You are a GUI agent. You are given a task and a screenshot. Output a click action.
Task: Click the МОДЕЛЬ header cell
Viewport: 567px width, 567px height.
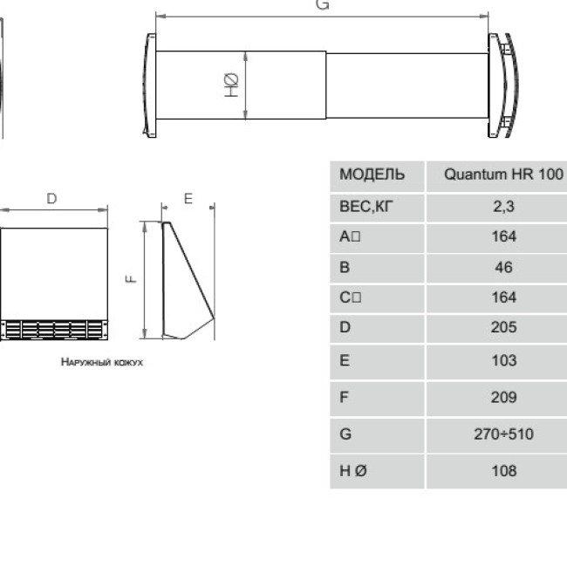pyautogui.click(x=372, y=174)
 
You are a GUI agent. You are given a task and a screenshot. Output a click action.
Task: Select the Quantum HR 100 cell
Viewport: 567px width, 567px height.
pyautogui.click(x=503, y=174)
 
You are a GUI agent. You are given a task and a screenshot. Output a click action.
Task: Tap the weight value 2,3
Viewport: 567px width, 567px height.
pyautogui.click(x=503, y=207)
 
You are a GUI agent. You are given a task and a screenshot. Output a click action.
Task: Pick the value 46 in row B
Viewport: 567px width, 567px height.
pyautogui.click(x=503, y=267)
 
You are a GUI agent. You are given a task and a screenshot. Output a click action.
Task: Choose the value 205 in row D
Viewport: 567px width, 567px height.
pyautogui.click(x=503, y=327)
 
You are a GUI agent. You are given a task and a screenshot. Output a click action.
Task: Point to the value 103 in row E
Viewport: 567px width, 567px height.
pyautogui.click(x=503, y=360)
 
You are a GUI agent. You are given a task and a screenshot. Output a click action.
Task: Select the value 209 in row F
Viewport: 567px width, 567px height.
pyautogui.click(x=503, y=397)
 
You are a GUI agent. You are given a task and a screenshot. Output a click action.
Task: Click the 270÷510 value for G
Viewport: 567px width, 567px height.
pyautogui.click(x=503, y=434)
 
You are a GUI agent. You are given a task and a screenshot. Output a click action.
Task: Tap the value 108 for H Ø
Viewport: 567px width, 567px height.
pyautogui.click(x=503, y=470)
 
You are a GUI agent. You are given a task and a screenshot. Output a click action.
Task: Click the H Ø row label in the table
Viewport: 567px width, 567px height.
pyautogui.click(x=352, y=470)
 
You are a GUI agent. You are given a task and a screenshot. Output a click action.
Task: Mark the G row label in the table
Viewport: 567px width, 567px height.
pyautogui.click(x=345, y=434)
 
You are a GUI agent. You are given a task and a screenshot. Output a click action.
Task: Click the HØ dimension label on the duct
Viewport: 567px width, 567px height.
pyautogui.click(x=232, y=85)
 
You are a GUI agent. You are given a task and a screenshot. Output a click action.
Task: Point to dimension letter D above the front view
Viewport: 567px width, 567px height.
pyautogui.click(x=51, y=199)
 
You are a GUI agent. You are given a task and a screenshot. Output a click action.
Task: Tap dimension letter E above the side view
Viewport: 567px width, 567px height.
pyautogui.click(x=188, y=199)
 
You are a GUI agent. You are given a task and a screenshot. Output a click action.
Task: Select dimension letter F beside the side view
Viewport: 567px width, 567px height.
pyautogui.click(x=130, y=279)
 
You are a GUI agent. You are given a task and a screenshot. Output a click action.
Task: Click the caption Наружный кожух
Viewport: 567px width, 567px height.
pyautogui.click(x=102, y=360)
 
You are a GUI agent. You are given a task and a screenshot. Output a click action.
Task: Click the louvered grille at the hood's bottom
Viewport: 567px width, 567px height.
pyautogui.click(x=54, y=329)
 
